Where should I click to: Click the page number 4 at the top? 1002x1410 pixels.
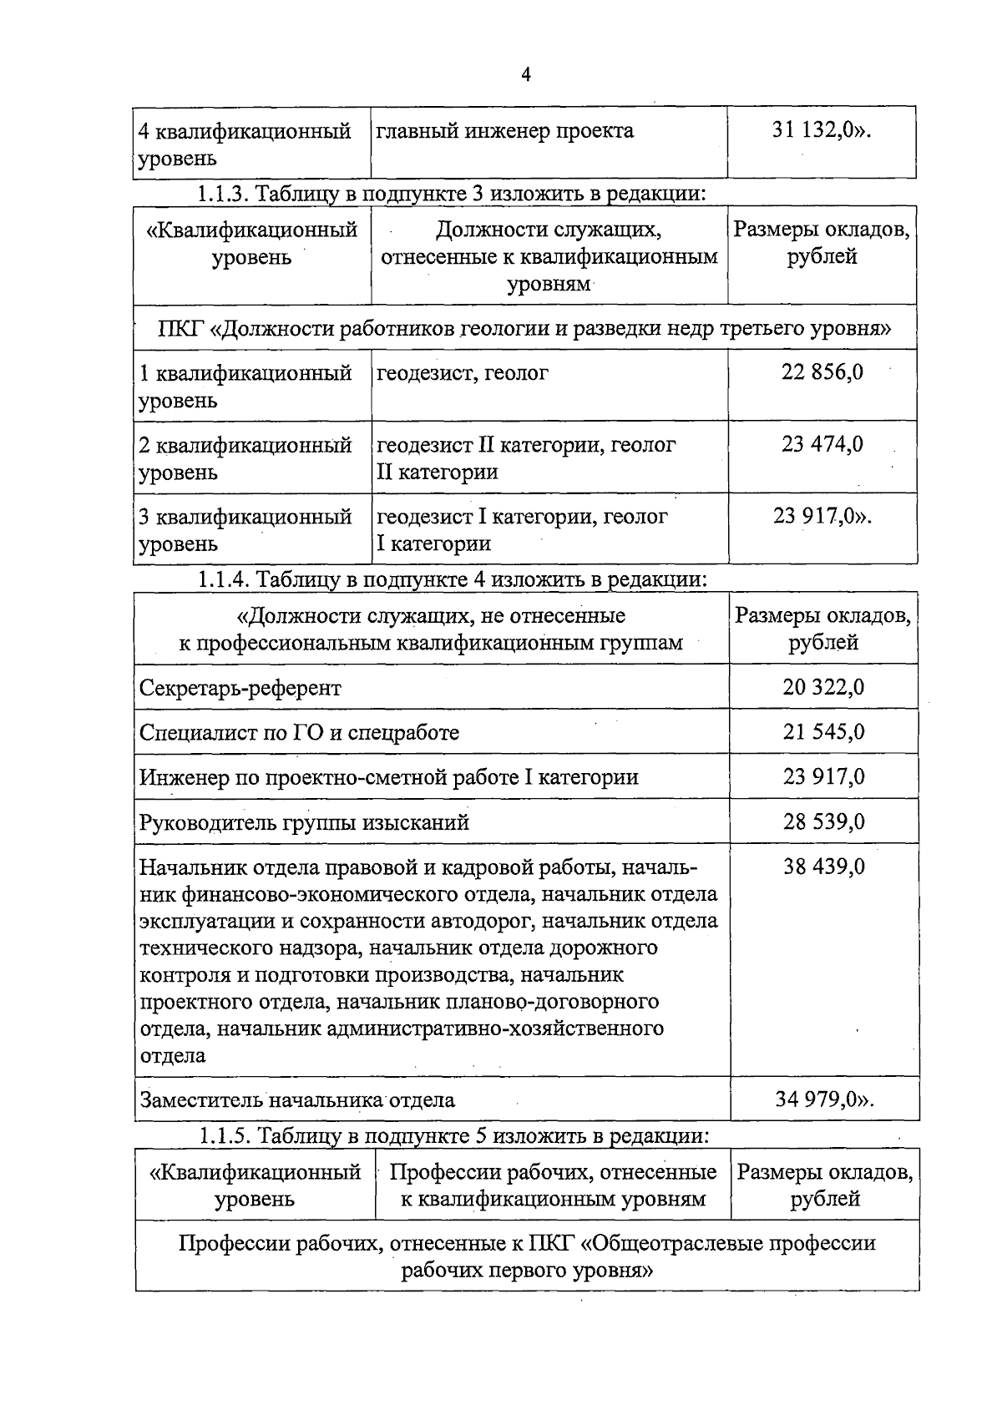click(526, 75)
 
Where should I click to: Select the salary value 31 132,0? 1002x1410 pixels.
click(821, 131)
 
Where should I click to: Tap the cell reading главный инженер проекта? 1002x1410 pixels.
click(505, 131)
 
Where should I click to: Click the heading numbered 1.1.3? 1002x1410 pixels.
click(451, 194)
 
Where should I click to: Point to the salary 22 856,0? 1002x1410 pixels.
click(822, 372)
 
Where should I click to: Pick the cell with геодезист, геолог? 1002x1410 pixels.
click(463, 373)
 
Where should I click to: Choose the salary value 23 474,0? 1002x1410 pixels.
click(822, 444)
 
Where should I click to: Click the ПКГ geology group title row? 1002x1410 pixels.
click(524, 328)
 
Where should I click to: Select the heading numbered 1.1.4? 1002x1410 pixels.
click(452, 579)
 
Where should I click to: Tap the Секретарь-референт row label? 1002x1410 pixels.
click(240, 689)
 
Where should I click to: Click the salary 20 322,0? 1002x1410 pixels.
click(823, 688)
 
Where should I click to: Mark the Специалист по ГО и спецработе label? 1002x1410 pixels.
click(299, 733)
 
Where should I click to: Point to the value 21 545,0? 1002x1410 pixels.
click(823, 733)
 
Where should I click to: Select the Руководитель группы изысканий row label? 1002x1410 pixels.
click(304, 823)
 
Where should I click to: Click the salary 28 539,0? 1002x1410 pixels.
click(823, 822)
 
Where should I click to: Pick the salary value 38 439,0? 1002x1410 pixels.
click(823, 867)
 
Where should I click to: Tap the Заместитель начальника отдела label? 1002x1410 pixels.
click(297, 1099)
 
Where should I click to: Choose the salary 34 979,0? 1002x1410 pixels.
click(823, 1099)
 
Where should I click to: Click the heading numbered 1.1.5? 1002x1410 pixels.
click(453, 1136)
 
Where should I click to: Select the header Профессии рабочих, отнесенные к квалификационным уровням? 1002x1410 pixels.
click(553, 1185)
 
